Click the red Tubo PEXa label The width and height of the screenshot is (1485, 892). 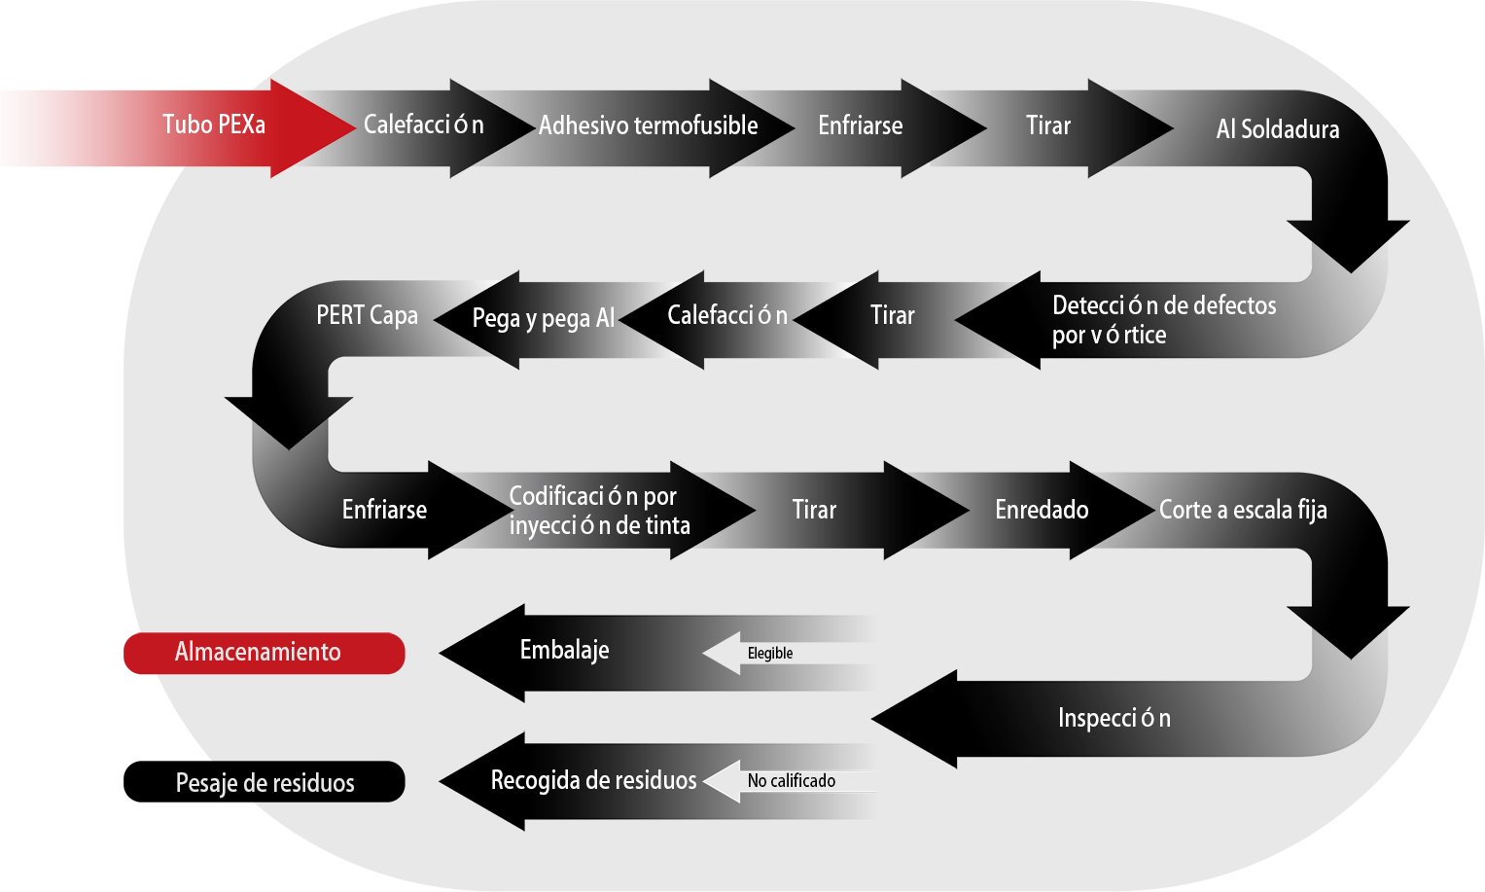tap(214, 125)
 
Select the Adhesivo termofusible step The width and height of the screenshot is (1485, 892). tap(648, 125)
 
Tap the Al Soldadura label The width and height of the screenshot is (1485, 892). tap(1277, 129)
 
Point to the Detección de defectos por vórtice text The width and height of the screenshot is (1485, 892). tap(1163, 320)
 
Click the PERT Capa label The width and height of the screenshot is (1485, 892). tap(367, 315)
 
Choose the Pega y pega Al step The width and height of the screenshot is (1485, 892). tap(543, 318)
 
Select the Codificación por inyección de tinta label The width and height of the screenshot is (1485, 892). tap(599, 511)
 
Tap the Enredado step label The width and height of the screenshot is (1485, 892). tap(1041, 510)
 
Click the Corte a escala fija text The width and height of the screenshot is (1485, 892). tap(1242, 510)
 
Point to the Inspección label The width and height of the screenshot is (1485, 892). tap(1114, 718)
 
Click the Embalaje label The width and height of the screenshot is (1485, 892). tap(564, 650)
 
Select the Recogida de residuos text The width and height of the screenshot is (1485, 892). tap(593, 780)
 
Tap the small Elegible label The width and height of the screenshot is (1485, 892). tap(769, 654)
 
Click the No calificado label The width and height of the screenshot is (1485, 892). tap(791, 781)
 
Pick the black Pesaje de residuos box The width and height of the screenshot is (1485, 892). tap(265, 782)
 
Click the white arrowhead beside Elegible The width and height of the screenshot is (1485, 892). tap(723, 653)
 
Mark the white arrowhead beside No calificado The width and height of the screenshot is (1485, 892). tap(723, 780)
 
